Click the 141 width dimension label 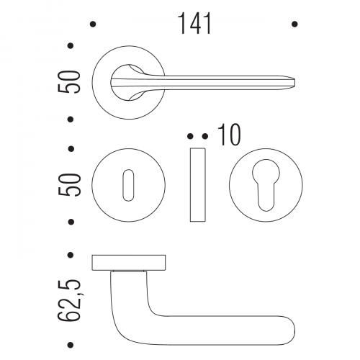tap(195, 24)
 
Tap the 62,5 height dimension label tap(68, 300)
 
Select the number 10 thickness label tap(229, 135)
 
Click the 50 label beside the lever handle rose tap(68, 82)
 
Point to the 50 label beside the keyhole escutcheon tap(69, 185)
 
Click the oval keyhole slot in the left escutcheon tap(128, 185)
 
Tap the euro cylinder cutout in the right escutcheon tap(266, 185)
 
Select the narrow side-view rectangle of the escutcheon tap(198, 185)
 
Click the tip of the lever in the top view tap(294, 82)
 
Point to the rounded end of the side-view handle tap(294, 330)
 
